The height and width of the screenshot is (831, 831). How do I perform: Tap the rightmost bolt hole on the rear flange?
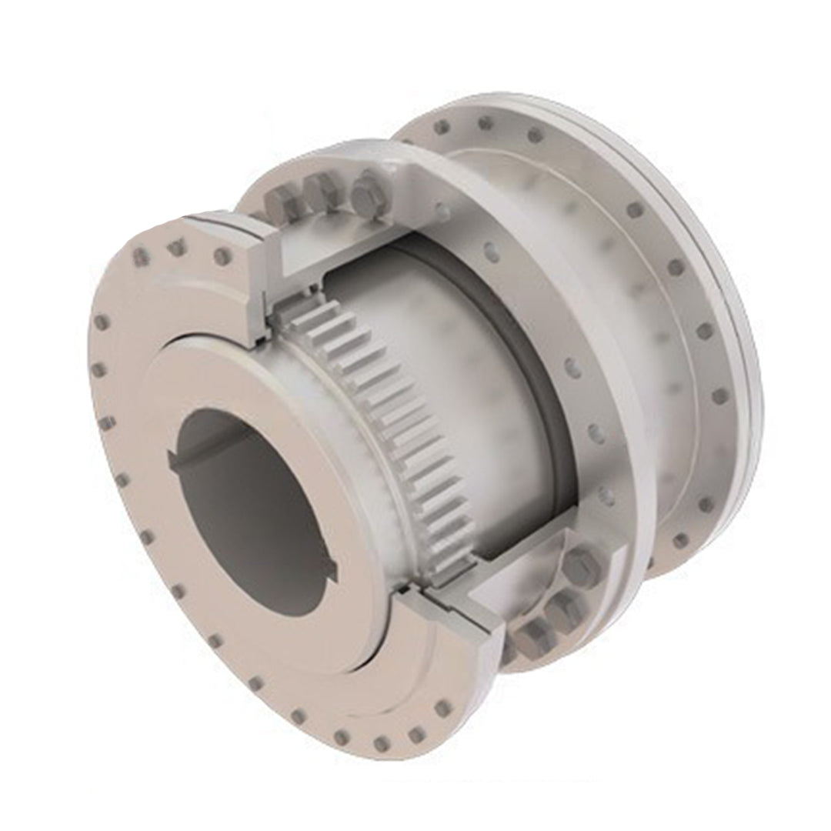(719, 396)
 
